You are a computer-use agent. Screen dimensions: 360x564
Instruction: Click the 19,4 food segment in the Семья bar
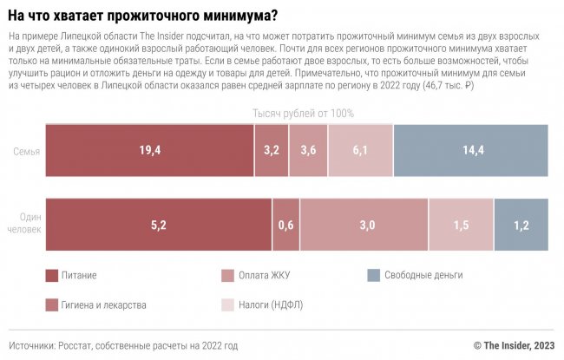(x=149, y=150)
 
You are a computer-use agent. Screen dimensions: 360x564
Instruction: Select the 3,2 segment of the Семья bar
(x=272, y=150)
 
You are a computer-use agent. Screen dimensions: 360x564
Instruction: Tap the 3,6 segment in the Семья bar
(x=308, y=150)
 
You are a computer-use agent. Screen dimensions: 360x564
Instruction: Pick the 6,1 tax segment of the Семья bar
(x=360, y=150)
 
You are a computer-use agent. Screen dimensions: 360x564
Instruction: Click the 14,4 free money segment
(x=471, y=150)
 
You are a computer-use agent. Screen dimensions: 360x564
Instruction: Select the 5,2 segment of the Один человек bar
(x=158, y=225)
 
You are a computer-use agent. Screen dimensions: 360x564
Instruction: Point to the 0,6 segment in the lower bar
(x=285, y=225)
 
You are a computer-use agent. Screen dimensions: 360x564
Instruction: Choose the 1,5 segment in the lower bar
(x=462, y=225)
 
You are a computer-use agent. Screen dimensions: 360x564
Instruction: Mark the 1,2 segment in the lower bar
(x=521, y=225)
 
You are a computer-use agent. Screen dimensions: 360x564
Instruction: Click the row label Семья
(x=26, y=151)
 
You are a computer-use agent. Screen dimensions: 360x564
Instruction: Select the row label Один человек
(x=25, y=225)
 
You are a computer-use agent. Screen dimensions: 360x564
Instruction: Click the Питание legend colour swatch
(x=51, y=275)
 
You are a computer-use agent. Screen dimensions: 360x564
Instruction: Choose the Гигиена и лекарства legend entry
(x=102, y=304)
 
